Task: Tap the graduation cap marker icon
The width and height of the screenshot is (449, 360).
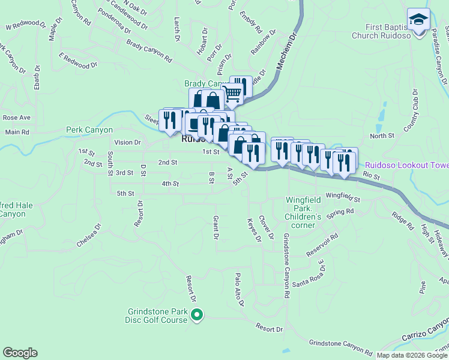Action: [418, 20]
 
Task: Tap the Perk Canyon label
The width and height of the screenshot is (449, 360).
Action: [89, 130]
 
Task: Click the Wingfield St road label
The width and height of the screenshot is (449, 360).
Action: [342, 197]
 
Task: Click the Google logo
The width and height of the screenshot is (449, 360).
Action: [20, 353]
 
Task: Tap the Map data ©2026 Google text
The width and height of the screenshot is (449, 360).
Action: [411, 355]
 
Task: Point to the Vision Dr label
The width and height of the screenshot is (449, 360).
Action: [127, 143]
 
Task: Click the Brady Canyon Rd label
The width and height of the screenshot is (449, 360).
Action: [149, 51]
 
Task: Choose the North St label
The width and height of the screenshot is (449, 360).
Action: [382, 136]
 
